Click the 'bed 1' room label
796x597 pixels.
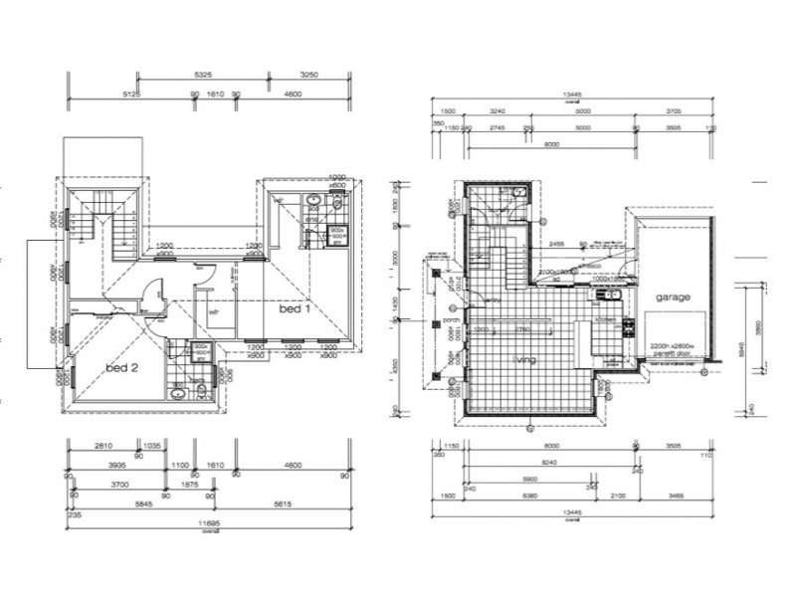coord(295,309)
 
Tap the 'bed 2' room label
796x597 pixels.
coord(121,367)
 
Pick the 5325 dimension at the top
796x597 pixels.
coord(203,75)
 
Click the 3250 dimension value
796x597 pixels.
coord(308,75)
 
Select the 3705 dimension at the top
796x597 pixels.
coord(674,112)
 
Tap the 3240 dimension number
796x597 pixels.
coord(498,112)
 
